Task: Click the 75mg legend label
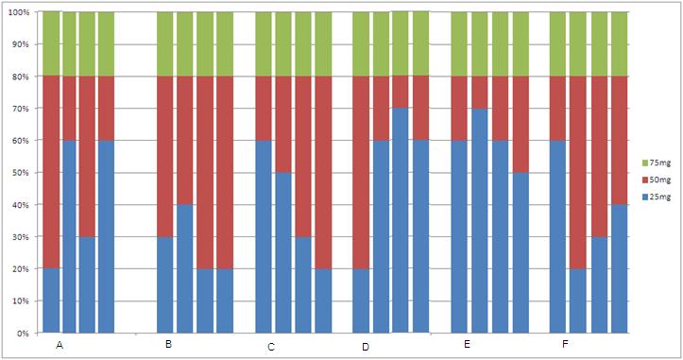660,163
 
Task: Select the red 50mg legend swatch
644,180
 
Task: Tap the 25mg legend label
660,197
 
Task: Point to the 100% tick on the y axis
19,12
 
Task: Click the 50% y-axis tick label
21,173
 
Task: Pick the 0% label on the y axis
23,334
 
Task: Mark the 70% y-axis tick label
21,109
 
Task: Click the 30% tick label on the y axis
21,237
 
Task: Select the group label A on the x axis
60,346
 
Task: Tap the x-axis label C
271,348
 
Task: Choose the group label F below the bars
566,344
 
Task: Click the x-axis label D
366,347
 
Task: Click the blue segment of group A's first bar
51,300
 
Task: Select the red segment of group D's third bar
401,92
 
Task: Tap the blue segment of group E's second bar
480,220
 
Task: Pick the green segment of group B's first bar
165,44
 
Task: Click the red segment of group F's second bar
578,173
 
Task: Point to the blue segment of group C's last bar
323,300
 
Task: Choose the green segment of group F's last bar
620,44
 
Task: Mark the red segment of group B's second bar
185,141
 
